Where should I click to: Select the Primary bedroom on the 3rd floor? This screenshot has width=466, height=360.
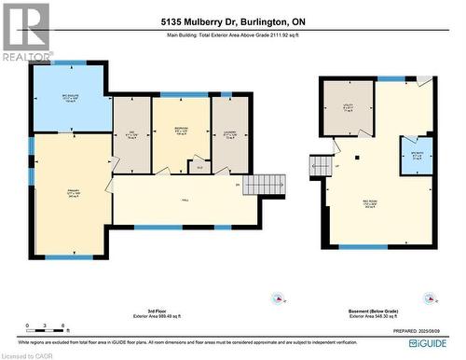[x=71, y=196]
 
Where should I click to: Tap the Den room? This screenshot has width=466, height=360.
[x=131, y=133]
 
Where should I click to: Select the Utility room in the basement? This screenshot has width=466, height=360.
[x=348, y=106]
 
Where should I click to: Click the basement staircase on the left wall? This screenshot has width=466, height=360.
[x=324, y=166]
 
